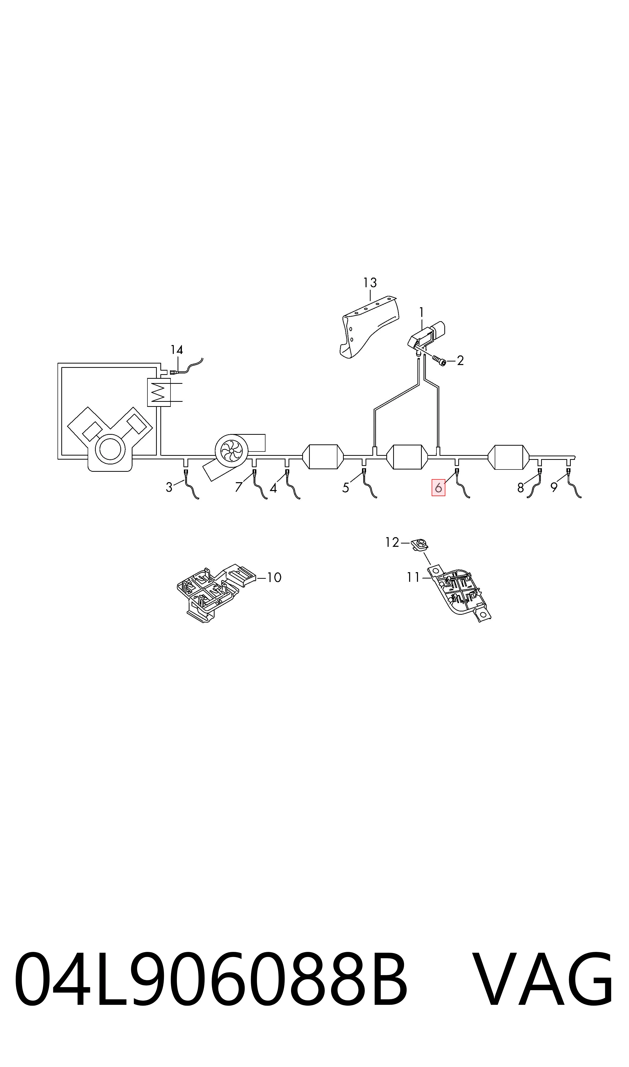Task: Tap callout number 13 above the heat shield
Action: [370, 282]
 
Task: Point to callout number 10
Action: [275, 577]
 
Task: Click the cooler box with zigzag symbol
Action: [159, 392]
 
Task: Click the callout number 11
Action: [413, 577]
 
